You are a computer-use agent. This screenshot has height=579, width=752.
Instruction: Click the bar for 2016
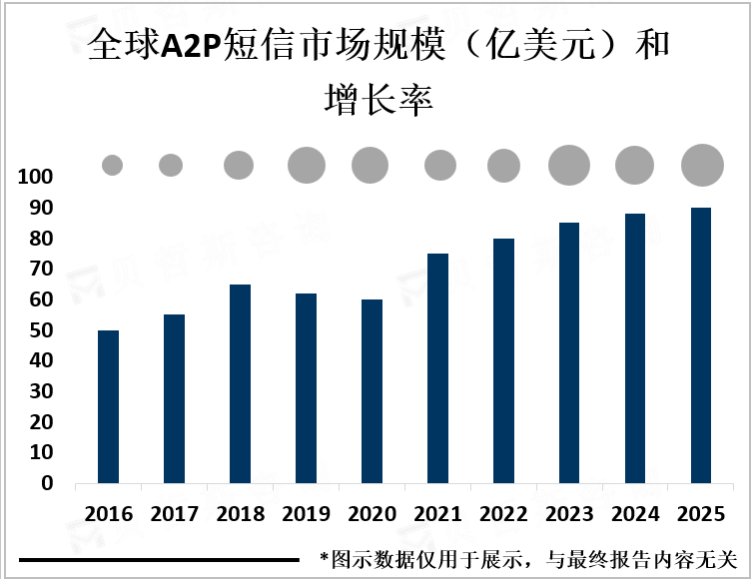[x=108, y=406]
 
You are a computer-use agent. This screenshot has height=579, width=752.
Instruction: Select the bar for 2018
[x=239, y=383]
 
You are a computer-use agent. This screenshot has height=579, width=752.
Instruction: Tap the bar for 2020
[x=372, y=391]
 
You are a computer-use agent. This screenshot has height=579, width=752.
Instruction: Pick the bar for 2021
[x=437, y=368]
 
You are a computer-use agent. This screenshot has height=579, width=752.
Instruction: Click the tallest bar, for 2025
[x=701, y=345]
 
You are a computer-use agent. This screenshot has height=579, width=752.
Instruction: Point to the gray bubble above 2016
[x=112, y=166]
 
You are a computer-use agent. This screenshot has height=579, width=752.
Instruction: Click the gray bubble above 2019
[x=307, y=165]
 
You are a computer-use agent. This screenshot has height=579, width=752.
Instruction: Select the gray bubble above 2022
[x=503, y=166]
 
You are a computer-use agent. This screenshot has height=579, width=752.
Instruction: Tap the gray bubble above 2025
[x=702, y=165]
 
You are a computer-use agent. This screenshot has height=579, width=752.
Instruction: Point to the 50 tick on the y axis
[x=40, y=330]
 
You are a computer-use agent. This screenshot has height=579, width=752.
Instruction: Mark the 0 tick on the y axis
[x=46, y=483]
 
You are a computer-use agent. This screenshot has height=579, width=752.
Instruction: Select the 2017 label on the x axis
[x=174, y=515]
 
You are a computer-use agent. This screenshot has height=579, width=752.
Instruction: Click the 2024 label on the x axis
[x=635, y=515]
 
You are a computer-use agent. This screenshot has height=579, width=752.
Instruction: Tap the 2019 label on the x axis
[x=306, y=515]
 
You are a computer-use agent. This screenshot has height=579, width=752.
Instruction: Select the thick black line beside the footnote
[x=160, y=560]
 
